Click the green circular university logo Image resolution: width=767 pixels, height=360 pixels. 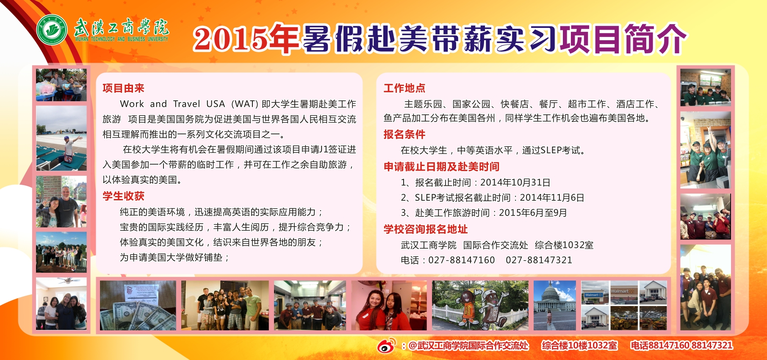[52, 30]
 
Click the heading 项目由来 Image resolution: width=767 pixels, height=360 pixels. [123, 88]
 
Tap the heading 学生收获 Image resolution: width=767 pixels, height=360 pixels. [123, 196]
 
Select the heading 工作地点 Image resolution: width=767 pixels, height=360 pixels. [404, 88]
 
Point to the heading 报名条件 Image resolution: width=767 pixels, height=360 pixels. [404, 134]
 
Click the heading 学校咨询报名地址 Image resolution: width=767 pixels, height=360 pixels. [426, 229]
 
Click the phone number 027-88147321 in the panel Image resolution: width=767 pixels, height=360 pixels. [539, 260]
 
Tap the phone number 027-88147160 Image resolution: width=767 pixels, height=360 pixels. [462, 260]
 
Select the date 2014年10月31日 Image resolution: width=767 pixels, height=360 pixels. [515, 183]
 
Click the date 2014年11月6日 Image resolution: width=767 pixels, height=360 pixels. [552, 198]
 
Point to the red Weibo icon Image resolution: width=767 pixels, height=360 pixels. [386, 346]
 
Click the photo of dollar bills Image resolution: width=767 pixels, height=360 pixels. [138, 305]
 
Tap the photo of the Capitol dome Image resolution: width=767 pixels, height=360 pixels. [555, 305]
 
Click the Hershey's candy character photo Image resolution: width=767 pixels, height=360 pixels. [480, 305]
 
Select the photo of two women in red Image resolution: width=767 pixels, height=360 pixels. [389, 305]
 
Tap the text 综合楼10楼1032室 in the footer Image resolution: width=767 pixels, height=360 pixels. [579, 346]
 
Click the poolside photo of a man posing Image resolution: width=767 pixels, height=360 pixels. [61, 138]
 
